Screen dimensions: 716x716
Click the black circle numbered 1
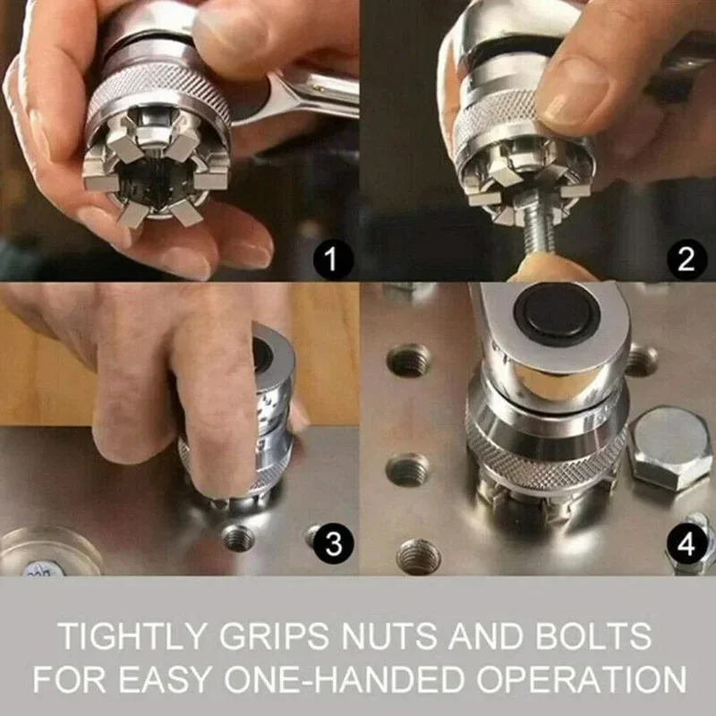tap(333, 260)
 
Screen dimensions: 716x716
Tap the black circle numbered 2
tap(686, 260)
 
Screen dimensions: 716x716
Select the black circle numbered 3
tap(334, 543)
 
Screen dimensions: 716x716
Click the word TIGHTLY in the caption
tap(133, 636)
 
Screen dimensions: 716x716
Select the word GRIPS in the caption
tap(274, 636)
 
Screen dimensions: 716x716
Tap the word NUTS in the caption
tap(388, 636)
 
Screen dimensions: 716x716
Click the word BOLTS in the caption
tap(593, 636)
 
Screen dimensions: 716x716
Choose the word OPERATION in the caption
tap(581, 679)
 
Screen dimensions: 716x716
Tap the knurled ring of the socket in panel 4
tap(546, 461)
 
